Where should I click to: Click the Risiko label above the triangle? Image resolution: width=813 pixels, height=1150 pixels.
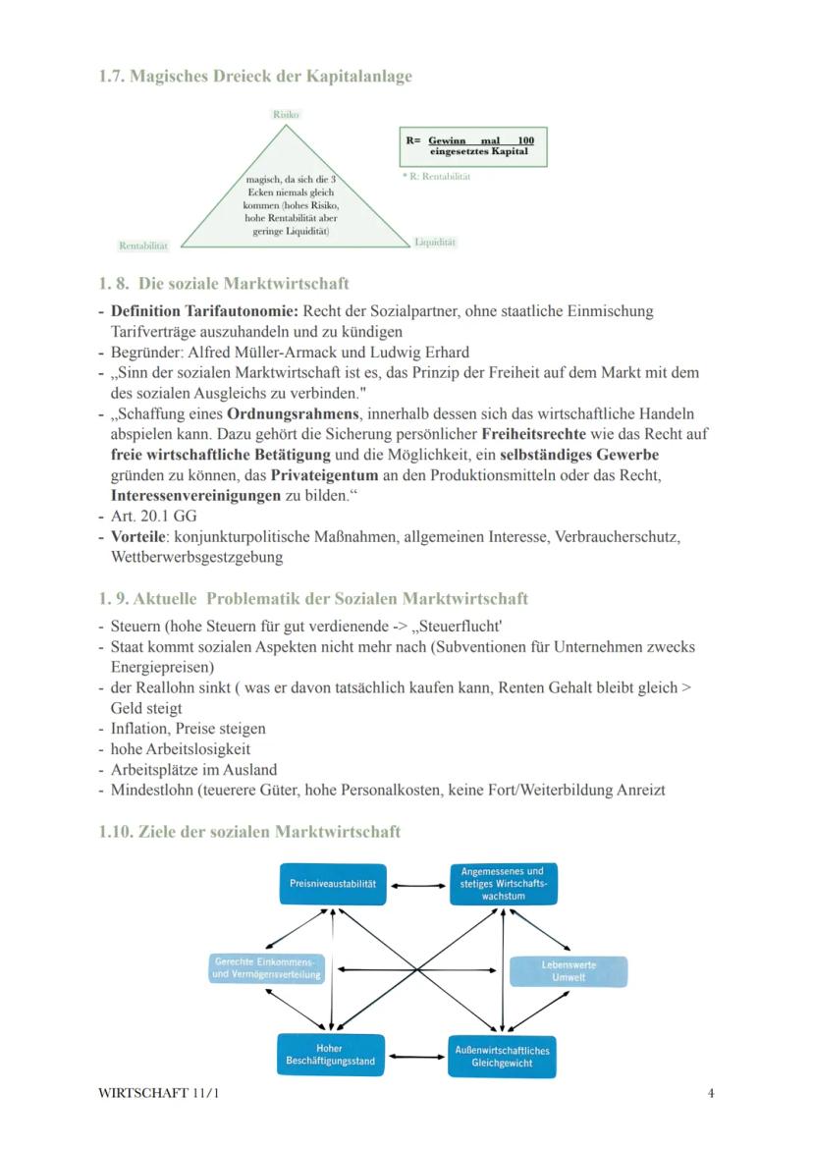pyautogui.click(x=285, y=115)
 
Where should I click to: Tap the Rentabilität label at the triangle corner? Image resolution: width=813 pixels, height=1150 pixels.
pyautogui.click(x=143, y=245)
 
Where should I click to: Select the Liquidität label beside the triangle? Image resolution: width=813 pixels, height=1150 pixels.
pyautogui.click(x=435, y=242)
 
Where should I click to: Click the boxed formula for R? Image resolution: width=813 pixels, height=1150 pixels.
pyautogui.click(x=473, y=146)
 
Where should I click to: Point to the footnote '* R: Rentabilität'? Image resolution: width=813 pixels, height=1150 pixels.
pyautogui.click(x=436, y=177)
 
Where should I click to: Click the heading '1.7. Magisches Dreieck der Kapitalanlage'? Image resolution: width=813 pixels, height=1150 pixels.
pyautogui.click(x=255, y=77)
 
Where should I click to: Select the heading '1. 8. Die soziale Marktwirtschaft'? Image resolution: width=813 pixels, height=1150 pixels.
pyautogui.click(x=224, y=285)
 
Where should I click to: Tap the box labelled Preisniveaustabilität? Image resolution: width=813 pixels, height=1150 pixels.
pyautogui.click(x=333, y=884)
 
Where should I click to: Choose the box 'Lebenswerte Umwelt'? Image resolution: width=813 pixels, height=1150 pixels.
pyautogui.click(x=569, y=971)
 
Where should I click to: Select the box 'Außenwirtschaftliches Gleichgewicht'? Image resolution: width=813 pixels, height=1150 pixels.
pyautogui.click(x=502, y=1057)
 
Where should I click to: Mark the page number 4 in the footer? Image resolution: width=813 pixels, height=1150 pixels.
pyautogui.click(x=710, y=1093)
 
